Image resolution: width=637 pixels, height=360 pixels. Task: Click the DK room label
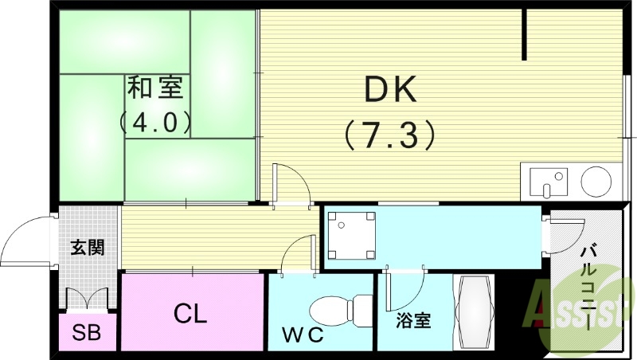390,90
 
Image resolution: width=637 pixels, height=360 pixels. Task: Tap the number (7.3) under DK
390,132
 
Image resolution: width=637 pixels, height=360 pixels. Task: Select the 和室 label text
154,88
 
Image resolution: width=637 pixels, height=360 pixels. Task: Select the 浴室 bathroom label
414,321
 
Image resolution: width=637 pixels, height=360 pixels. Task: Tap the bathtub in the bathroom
474,312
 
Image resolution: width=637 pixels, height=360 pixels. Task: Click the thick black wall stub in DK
525,36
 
